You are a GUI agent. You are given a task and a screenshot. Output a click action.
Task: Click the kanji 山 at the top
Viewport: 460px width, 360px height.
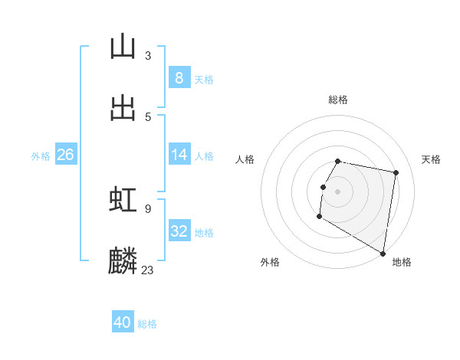(x=123, y=47)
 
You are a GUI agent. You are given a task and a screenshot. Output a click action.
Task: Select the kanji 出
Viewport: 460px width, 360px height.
(x=123, y=107)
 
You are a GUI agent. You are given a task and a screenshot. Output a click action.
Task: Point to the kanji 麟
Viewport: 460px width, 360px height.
(x=123, y=260)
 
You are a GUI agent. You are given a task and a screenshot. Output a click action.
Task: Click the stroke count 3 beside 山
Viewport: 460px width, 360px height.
(x=148, y=56)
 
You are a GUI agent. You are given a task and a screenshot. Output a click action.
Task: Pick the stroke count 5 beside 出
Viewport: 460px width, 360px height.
(x=148, y=116)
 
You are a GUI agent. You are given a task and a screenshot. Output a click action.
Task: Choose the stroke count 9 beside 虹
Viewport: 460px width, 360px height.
(x=148, y=208)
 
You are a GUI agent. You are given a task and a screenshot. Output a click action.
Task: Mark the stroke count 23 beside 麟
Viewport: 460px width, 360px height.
(x=148, y=270)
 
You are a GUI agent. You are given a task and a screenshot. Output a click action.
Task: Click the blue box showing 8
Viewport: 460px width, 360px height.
(x=179, y=78)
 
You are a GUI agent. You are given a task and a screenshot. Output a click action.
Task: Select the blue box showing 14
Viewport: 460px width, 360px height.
(x=179, y=155)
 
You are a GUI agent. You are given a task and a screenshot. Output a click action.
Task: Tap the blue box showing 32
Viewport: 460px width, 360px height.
(x=179, y=231)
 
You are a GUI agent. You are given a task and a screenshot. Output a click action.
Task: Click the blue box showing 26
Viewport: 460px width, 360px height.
(x=66, y=155)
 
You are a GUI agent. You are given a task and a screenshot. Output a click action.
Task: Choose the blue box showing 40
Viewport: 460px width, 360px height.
(x=123, y=322)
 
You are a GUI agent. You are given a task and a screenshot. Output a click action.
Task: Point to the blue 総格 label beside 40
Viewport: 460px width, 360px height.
(x=147, y=324)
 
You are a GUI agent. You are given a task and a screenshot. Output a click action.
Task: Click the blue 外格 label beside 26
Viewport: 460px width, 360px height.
(x=41, y=156)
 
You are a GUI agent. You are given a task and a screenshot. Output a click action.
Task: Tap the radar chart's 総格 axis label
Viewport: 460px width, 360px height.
(x=337, y=100)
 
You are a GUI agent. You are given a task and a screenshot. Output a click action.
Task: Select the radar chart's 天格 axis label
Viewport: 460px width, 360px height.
(x=432, y=159)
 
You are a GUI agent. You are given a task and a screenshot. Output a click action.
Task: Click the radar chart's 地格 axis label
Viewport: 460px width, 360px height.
(x=402, y=262)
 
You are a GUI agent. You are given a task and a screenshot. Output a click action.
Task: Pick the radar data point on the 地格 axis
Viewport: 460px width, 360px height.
(x=383, y=254)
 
